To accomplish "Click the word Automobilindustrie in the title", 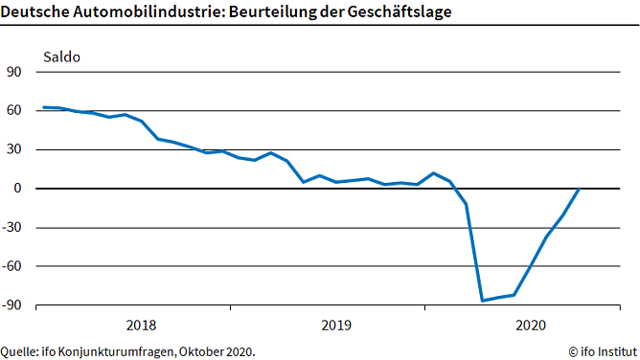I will click(138, 11).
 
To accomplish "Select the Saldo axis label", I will click(60, 56).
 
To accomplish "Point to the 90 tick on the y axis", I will click(14, 72).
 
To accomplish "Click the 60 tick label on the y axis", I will click(14, 111).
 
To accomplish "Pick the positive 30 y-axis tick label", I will click(14, 150).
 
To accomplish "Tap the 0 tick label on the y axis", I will click(18, 189).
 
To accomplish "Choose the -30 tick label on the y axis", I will click(12, 229).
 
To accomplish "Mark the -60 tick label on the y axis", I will click(12, 267).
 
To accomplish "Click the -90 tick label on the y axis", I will click(12, 306).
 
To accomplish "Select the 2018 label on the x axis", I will click(141, 326).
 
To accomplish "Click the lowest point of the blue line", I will click(482, 301).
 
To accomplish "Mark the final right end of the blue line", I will click(580, 189).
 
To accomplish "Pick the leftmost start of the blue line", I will click(44, 107).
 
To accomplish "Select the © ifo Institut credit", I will click(600, 350).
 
